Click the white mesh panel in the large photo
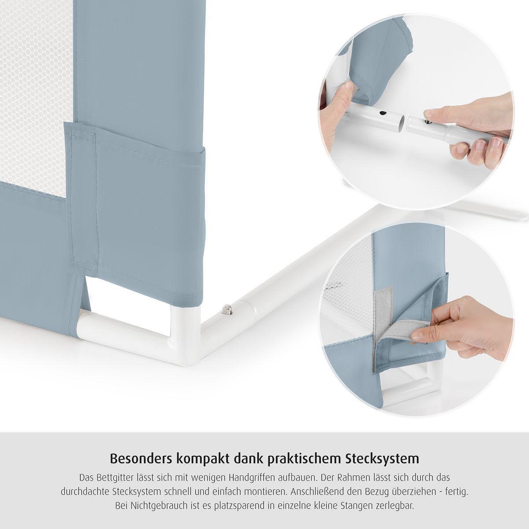pyautogui.click(x=36, y=96)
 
